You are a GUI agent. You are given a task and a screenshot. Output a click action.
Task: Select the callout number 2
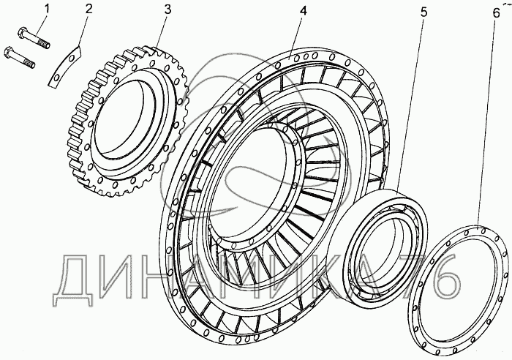(89, 10)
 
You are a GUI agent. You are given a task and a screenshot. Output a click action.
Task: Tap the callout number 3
(167, 10)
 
